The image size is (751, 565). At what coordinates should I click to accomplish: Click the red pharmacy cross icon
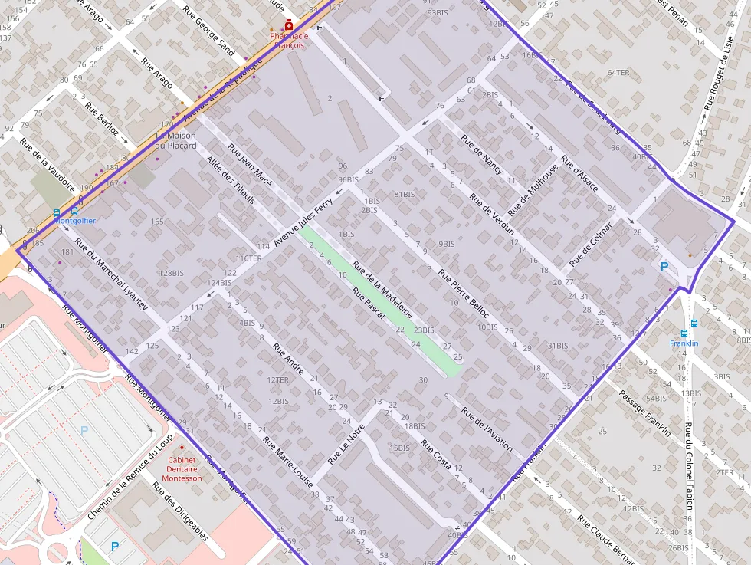(289, 25)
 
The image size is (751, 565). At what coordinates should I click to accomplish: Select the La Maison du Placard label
(175, 140)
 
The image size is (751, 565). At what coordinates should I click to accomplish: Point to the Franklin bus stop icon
(694, 324)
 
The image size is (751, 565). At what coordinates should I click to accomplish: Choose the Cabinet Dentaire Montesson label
(182, 469)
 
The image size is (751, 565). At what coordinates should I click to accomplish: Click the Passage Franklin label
(644, 412)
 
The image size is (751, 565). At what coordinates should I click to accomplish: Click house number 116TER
(248, 258)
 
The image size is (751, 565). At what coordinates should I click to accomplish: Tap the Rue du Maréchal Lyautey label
(111, 278)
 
